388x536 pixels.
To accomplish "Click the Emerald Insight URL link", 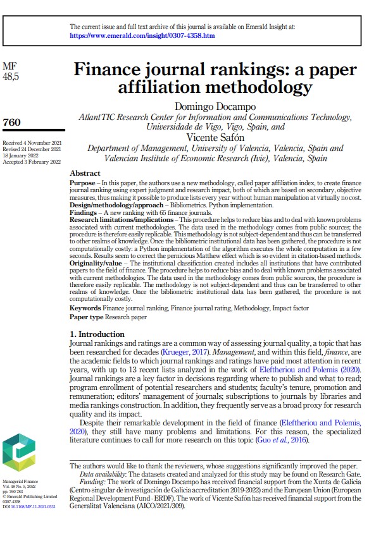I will coord(142,36).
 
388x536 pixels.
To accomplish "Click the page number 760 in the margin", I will coord(13,122).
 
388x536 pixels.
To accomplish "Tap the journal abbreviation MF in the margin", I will coord(9,66).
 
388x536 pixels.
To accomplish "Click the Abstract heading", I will coord(85,173).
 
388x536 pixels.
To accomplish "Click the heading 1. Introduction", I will coord(97,334).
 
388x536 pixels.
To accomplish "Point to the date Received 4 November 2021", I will coord(32,143).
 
